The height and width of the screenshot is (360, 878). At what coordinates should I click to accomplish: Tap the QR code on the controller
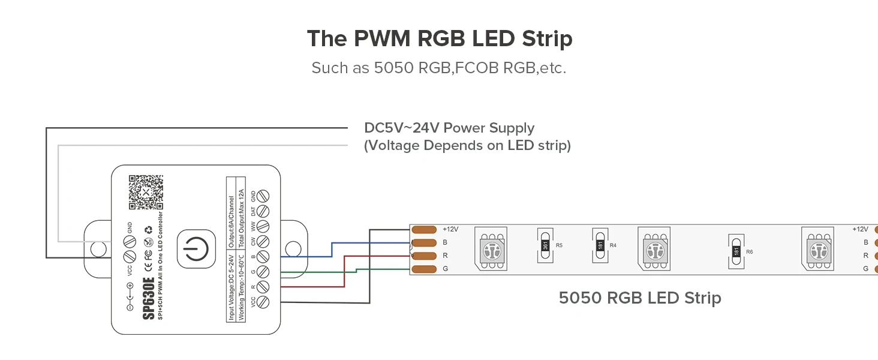146,192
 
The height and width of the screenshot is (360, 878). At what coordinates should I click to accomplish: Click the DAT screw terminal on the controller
262,211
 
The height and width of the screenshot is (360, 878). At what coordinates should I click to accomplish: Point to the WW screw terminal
262,227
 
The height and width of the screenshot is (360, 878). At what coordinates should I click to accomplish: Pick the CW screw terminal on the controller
262,242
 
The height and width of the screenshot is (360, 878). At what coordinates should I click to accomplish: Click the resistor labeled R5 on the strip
545,245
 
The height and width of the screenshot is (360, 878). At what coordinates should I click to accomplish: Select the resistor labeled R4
600,245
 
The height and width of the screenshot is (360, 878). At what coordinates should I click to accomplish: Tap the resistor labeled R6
736,251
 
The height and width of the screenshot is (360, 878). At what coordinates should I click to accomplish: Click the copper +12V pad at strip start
424,230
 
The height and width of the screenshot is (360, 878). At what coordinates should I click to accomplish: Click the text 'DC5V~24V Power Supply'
449,128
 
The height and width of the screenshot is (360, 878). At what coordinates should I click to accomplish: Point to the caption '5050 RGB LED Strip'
639,298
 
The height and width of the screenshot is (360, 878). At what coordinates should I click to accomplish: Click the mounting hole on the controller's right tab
292,248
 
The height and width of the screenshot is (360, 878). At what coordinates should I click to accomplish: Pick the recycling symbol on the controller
148,229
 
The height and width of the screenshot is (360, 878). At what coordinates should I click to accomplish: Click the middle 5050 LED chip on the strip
653,248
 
